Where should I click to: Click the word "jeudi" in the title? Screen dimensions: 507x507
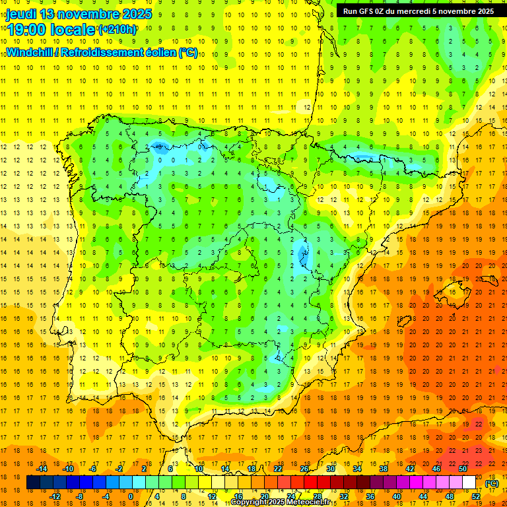coord(21,14)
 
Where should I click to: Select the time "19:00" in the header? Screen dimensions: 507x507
coord(26,30)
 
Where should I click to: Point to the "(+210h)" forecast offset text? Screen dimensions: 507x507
coord(118,30)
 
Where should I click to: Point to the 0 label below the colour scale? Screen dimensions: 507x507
coord(131,496)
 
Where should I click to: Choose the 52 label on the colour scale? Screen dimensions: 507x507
coord(476,496)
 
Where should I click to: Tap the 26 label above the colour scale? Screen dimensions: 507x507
coord(304,469)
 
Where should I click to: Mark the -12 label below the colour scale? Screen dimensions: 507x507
coord(55,496)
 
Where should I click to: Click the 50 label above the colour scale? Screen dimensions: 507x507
coord(462,469)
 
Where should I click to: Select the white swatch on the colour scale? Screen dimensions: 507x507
coord(469,483)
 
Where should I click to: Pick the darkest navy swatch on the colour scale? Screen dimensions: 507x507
coord(33,483)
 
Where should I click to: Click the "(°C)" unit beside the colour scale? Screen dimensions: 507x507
coord(491,483)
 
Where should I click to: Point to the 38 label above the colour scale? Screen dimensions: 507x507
coord(384,469)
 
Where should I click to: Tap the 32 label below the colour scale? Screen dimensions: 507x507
coord(343,496)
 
